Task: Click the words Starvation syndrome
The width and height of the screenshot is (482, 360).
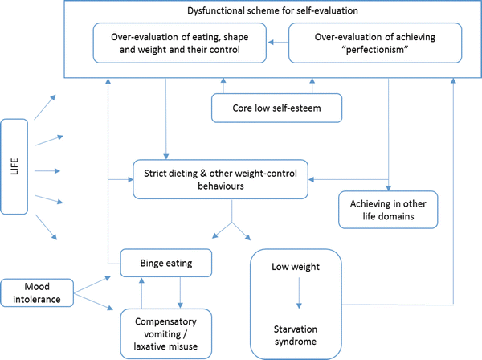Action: pyautogui.click(x=298, y=334)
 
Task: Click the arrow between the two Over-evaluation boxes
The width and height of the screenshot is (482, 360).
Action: pyautogui.click(x=276, y=43)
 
